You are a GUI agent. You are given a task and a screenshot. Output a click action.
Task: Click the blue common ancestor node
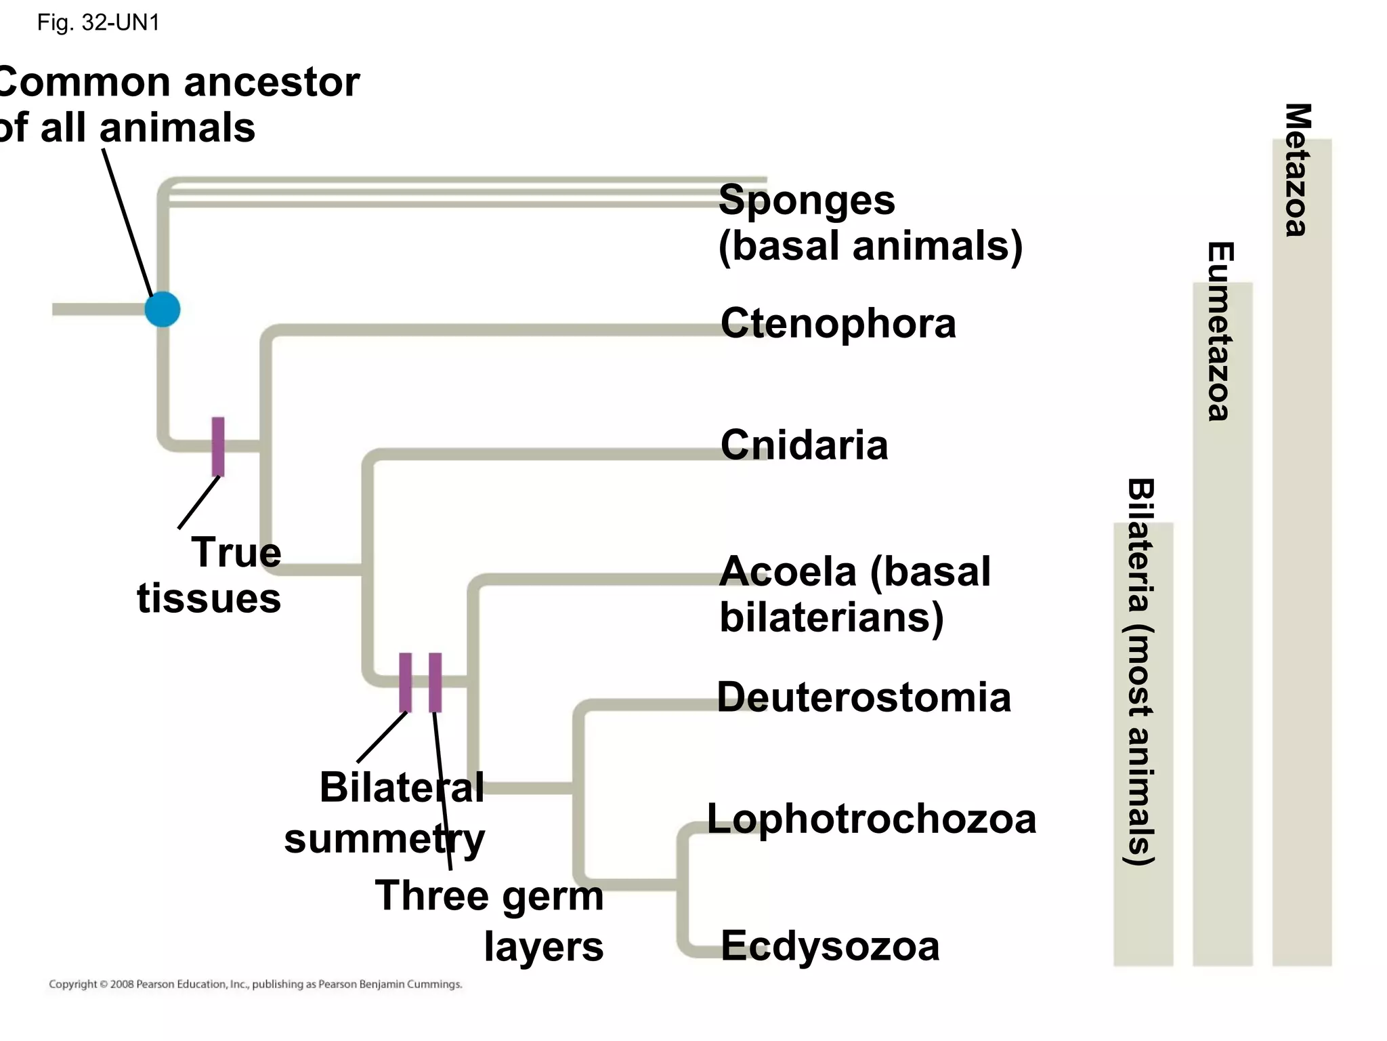pyautogui.click(x=163, y=310)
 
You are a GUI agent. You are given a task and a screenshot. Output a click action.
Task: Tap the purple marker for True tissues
pyautogui.click(x=218, y=447)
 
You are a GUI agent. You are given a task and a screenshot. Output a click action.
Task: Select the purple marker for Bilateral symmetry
pyautogui.click(x=405, y=682)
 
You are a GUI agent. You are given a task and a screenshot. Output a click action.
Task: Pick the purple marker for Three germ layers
pyautogui.click(x=435, y=682)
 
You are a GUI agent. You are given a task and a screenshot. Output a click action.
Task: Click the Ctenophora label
pyautogui.click(x=838, y=323)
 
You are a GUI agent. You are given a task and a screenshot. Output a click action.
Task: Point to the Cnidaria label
pyautogui.click(x=804, y=445)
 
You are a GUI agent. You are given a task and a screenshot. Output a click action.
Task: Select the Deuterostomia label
pyautogui.click(x=863, y=697)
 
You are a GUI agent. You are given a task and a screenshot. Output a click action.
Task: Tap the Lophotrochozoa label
pyautogui.click(x=872, y=819)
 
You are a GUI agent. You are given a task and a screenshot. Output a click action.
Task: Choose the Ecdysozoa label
pyautogui.click(x=830, y=946)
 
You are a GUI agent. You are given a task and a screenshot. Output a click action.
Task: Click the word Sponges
pyautogui.click(x=807, y=201)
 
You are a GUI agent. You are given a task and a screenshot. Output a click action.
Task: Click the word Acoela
pyautogui.click(x=788, y=572)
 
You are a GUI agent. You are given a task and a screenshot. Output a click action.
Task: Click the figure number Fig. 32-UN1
pyautogui.click(x=98, y=23)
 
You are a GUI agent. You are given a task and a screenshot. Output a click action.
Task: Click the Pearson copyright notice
pyautogui.click(x=255, y=984)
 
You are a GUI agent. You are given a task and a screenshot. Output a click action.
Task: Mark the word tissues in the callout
pyautogui.click(x=209, y=598)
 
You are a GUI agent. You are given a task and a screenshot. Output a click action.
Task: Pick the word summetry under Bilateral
pyautogui.click(x=384, y=839)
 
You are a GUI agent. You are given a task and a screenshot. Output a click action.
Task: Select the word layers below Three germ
pyautogui.click(x=543, y=947)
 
